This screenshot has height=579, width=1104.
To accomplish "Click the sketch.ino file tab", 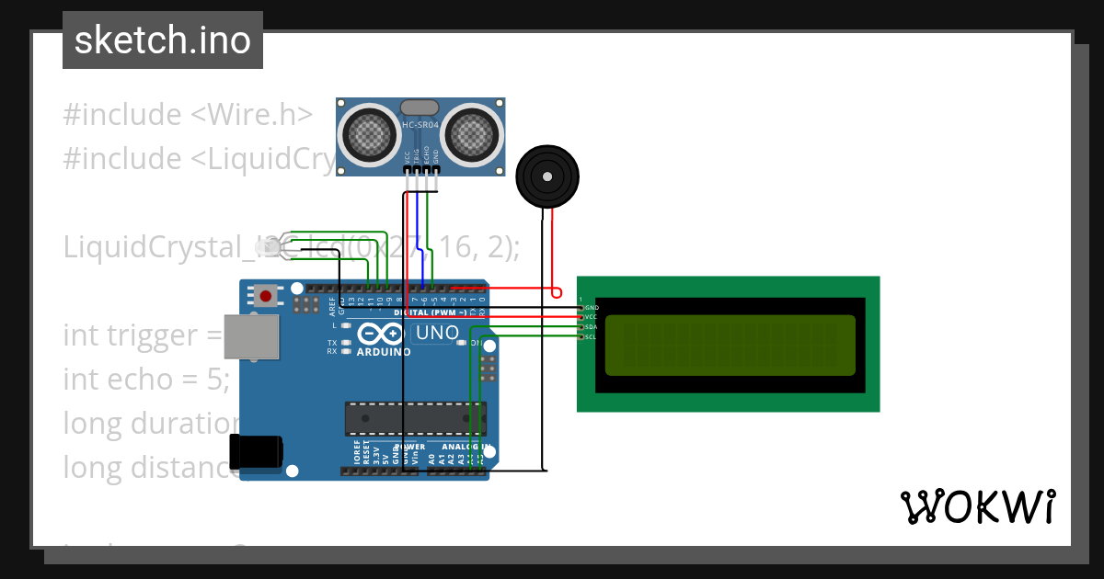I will click(x=162, y=40).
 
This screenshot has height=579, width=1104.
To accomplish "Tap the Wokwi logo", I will click(x=977, y=506).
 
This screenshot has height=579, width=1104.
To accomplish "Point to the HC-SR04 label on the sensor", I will click(x=420, y=125).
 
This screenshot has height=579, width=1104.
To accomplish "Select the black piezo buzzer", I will click(x=548, y=176).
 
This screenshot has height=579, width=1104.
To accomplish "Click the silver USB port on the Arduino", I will click(x=250, y=336).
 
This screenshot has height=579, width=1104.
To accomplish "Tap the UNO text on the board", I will click(x=437, y=333).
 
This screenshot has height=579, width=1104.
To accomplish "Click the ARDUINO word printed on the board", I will click(x=384, y=351).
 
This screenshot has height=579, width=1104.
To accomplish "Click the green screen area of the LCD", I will click(x=730, y=344).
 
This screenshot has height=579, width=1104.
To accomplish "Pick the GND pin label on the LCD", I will click(x=592, y=307).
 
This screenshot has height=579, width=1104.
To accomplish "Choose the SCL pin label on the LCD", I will click(x=592, y=336).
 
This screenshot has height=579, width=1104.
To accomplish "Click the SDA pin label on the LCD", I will click(x=592, y=326).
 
